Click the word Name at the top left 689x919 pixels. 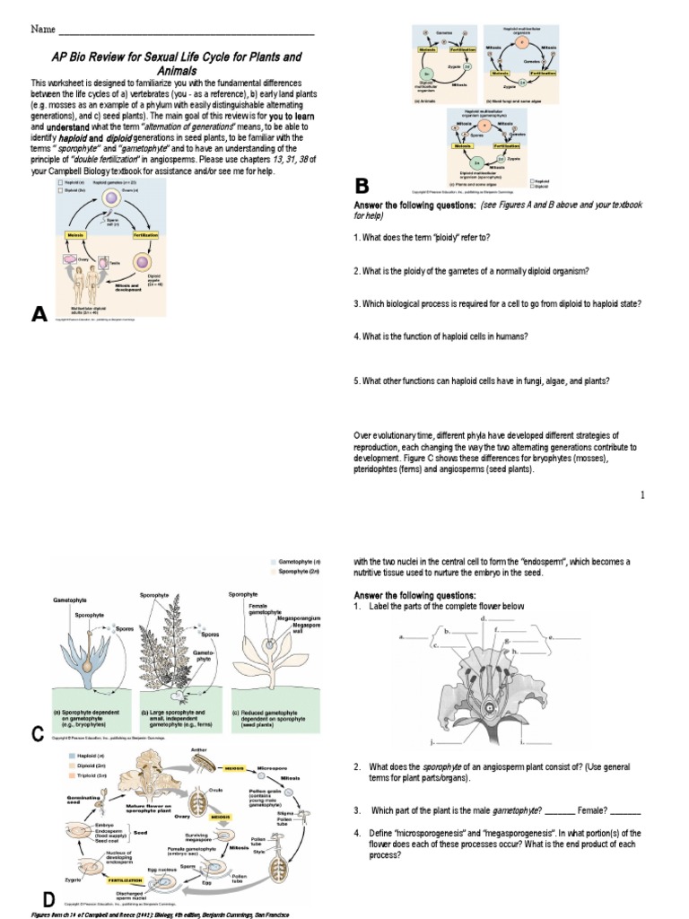[44, 30]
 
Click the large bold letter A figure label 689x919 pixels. [39, 313]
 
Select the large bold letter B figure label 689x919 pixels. [362, 187]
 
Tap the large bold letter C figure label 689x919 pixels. [38, 735]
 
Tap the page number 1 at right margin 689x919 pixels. [643, 495]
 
